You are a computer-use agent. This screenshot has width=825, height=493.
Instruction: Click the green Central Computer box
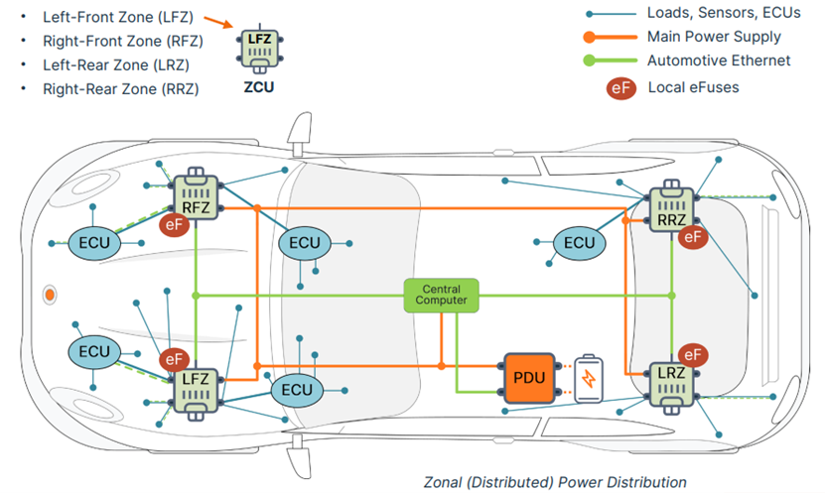[441, 293]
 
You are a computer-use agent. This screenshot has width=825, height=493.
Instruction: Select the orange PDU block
[525, 377]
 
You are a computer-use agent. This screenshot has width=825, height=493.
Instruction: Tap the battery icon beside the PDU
[589, 378]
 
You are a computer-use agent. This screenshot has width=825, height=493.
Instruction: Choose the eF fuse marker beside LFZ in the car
[175, 359]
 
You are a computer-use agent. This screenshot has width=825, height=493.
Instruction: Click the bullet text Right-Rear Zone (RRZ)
[120, 89]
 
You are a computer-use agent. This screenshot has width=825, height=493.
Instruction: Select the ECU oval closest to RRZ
[579, 243]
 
